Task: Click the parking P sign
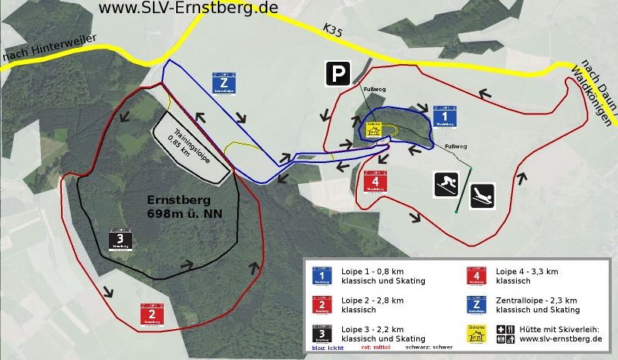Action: [x=336, y=74]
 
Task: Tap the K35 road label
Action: [x=333, y=30]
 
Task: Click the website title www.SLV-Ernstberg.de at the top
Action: [x=189, y=8]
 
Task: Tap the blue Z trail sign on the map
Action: [x=224, y=83]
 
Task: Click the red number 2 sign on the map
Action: [x=151, y=314]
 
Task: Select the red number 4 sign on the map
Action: [x=375, y=182]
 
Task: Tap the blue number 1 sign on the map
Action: [x=444, y=114]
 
